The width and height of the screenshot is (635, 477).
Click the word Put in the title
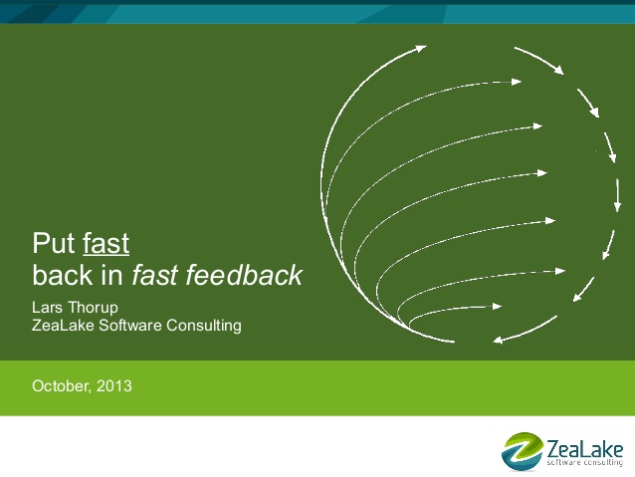click(x=54, y=243)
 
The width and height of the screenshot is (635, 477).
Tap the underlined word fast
click(x=106, y=243)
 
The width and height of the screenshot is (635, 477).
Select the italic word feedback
click(x=244, y=275)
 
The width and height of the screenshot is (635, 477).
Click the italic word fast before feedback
click(x=154, y=275)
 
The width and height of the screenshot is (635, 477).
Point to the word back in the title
click(x=63, y=275)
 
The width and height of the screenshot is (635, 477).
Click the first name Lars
click(x=47, y=307)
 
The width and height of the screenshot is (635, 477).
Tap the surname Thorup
click(x=93, y=308)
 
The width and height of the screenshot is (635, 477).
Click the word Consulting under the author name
click(x=204, y=326)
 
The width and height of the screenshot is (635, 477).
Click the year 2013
click(x=114, y=385)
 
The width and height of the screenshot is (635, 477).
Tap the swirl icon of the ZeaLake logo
click(x=522, y=451)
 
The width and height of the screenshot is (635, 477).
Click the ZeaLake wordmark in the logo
click(x=584, y=449)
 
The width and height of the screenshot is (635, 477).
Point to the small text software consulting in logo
click(x=584, y=462)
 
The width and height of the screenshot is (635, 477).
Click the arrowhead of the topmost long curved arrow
click(x=420, y=49)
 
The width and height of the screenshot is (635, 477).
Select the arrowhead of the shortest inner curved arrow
click(x=497, y=307)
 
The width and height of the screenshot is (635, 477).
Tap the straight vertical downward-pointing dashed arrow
click(x=618, y=195)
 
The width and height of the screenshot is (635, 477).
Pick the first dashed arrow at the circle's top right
click(x=539, y=60)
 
